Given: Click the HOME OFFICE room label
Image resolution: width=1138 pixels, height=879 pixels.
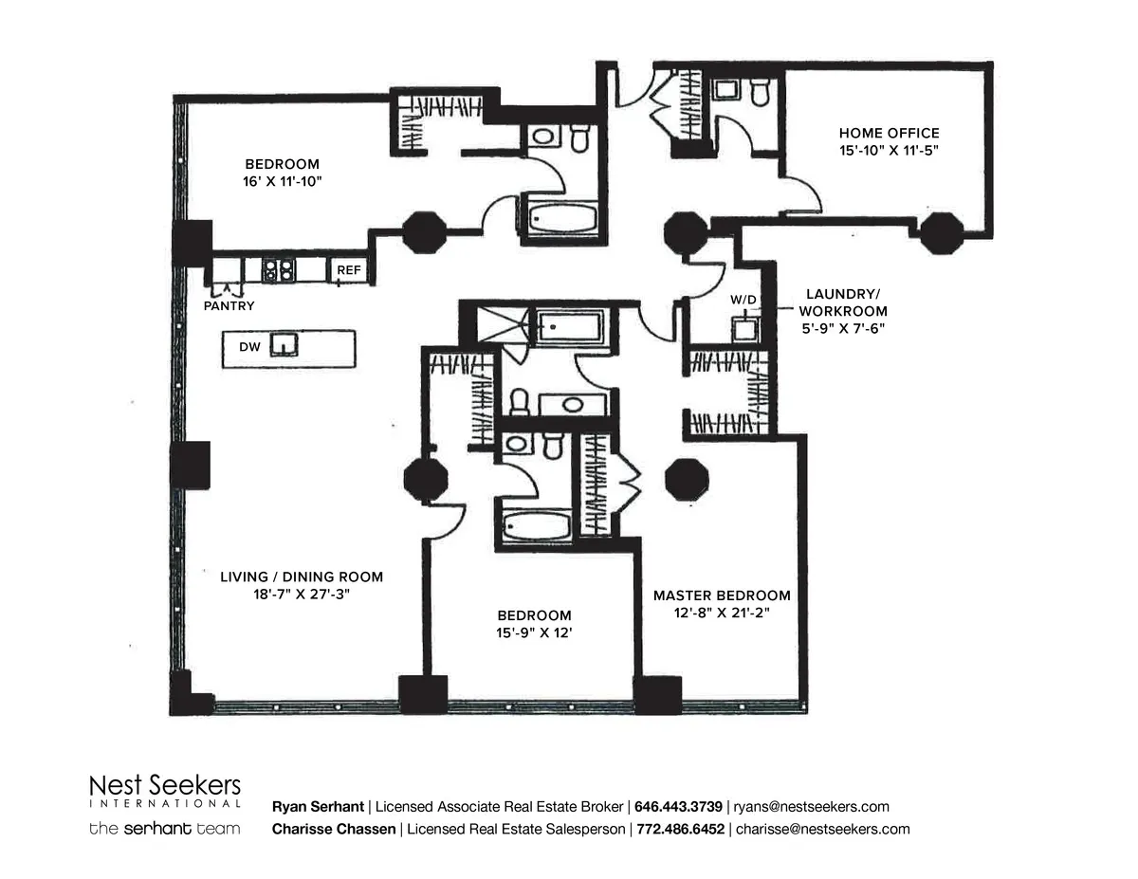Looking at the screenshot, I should (x=889, y=134).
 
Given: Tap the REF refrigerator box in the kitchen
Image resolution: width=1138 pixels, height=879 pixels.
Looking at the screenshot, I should (x=348, y=271).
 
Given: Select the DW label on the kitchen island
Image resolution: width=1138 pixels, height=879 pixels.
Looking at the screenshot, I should (x=249, y=348).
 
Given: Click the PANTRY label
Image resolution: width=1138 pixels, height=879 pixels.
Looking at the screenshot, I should (x=229, y=306).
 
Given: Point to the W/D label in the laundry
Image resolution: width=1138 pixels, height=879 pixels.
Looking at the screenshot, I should (x=743, y=301).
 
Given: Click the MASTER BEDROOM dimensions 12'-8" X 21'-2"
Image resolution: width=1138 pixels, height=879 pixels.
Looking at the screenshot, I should (x=721, y=613).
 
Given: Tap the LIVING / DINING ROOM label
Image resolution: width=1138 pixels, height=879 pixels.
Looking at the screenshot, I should (x=302, y=577).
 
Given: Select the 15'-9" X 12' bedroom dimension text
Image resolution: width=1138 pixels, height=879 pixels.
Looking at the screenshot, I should (x=534, y=632).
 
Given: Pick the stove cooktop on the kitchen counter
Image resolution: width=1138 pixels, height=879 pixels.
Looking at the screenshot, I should (x=278, y=270).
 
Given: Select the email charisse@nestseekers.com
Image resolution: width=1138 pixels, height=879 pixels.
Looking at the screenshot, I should (x=822, y=829).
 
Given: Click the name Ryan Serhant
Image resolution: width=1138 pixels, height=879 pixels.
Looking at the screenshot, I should (x=317, y=807).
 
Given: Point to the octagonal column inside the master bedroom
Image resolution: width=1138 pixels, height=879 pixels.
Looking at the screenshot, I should (x=686, y=479).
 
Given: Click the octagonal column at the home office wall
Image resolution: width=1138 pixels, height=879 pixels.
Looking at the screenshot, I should (x=941, y=233).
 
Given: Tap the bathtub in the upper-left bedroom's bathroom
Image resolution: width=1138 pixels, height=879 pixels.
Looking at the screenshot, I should (x=561, y=219).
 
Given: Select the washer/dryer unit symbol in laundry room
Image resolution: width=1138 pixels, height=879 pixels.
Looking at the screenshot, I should (x=745, y=328).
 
